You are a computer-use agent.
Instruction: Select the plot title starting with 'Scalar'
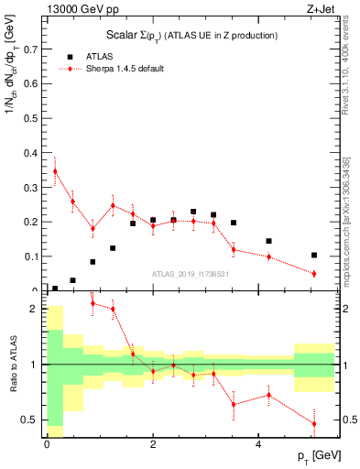pyautogui.click(x=191, y=35)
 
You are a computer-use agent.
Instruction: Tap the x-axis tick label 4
pyautogui.click(x=259, y=443)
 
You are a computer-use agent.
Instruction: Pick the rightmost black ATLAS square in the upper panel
pyautogui.click(x=313, y=256)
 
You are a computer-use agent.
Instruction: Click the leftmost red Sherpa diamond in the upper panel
pyautogui.click(x=55, y=171)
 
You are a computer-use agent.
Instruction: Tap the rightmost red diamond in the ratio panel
pyautogui.click(x=313, y=423)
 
